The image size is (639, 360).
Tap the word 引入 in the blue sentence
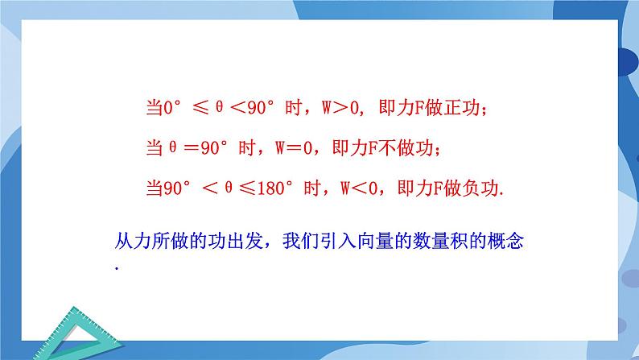[332, 241]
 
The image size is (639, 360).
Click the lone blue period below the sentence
[117, 267]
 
